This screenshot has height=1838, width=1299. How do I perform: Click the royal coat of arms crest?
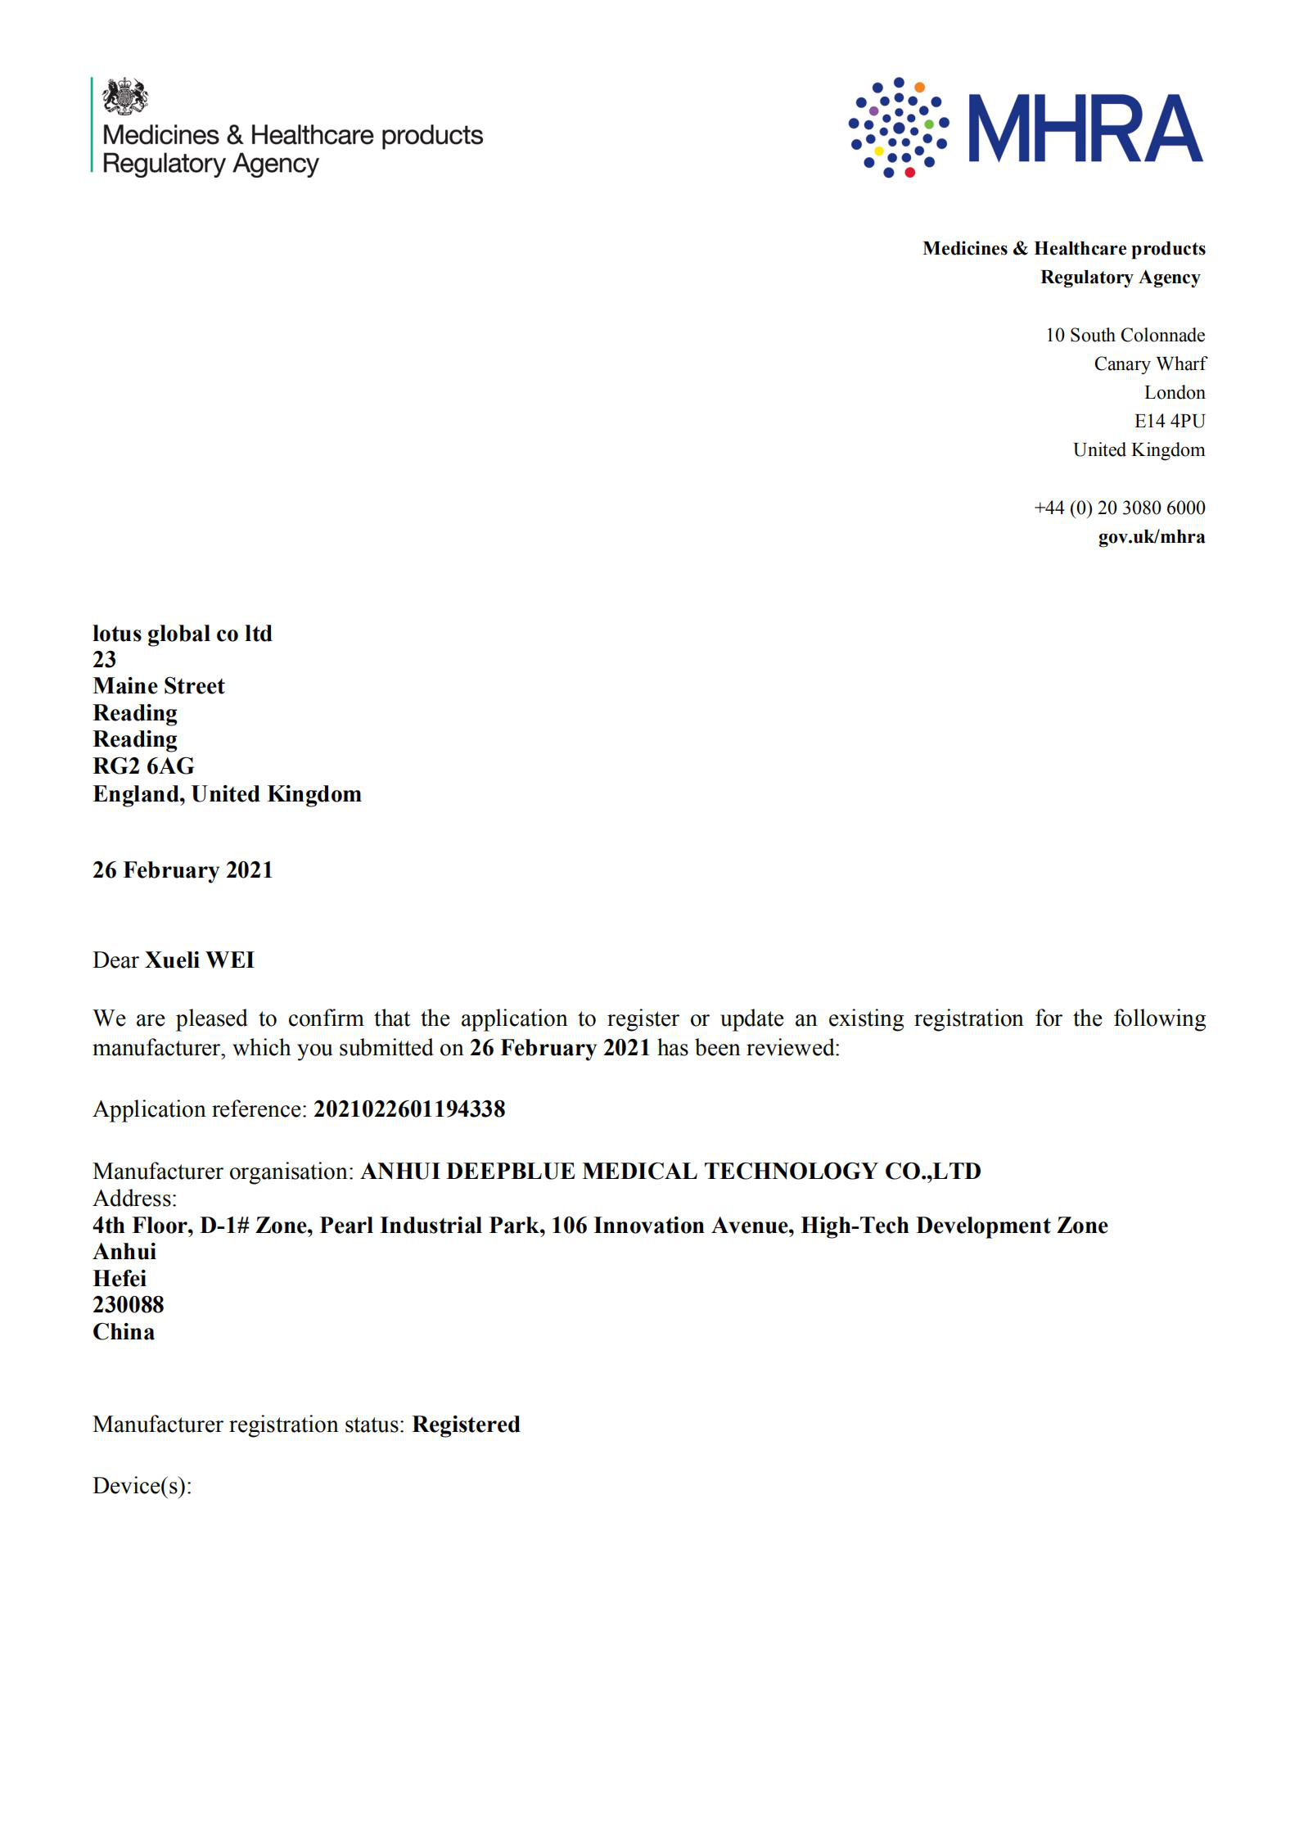coord(124,97)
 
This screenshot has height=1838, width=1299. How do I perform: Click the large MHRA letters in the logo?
coord(1085,129)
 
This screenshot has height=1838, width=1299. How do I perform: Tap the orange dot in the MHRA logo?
coord(919,87)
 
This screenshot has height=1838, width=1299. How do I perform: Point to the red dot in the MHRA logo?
coord(909,172)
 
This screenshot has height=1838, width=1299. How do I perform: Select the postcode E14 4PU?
coord(1169,421)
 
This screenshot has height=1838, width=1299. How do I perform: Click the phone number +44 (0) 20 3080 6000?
coord(1119,508)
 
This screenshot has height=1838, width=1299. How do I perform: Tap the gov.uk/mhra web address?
coord(1151,537)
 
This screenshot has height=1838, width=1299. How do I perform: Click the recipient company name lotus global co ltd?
coord(182,634)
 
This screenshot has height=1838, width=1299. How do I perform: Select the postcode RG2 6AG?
coord(143,766)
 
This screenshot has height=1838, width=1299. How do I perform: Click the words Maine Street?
coord(158,686)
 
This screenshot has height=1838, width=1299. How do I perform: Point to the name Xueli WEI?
coord(199,960)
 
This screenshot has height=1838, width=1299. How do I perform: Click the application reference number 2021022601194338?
coord(409,1109)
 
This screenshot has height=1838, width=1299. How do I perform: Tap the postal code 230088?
coord(128,1305)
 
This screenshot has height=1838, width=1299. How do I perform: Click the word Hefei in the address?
coord(119,1279)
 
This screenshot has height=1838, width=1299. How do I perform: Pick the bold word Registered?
coord(466,1425)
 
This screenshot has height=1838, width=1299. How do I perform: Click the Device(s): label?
coord(142,1486)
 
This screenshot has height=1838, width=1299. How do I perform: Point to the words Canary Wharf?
coord(1149,364)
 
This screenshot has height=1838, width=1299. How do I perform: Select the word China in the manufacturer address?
coord(123,1332)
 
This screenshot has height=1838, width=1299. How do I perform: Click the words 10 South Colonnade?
coord(1125,335)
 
